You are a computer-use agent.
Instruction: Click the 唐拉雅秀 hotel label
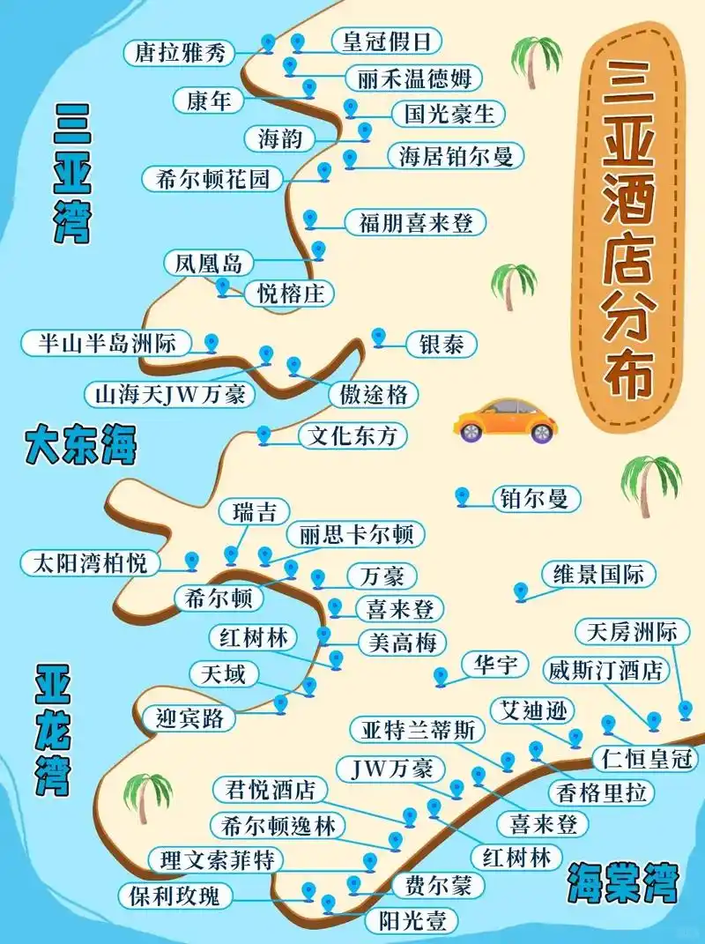(x=180, y=53)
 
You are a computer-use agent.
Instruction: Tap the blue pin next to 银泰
(x=379, y=337)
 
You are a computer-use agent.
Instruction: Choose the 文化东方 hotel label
(x=353, y=435)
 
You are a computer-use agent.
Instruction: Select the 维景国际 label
(x=598, y=576)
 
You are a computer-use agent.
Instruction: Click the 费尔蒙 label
(x=427, y=884)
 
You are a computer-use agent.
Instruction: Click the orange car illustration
(x=506, y=420)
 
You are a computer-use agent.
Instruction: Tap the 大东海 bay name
(x=80, y=444)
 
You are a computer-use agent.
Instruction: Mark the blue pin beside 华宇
(x=441, y=676)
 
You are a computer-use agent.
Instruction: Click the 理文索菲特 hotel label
(x=217, y=859)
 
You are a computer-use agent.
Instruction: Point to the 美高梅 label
(x=402, y=643)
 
